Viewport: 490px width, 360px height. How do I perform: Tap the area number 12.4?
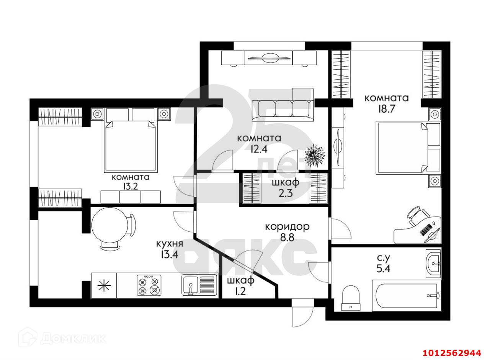pos(259,149)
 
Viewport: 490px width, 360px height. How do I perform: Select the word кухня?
pos(170,244)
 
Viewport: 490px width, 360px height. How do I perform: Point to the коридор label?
pos(287,227)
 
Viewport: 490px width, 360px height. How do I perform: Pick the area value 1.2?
pos(241,292)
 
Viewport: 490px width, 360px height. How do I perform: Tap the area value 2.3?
pos(285,193)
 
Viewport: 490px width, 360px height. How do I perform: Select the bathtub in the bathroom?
pos(407,296)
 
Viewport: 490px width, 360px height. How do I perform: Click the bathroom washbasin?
pos(433,263)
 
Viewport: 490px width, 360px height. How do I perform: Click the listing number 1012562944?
pos(452,353)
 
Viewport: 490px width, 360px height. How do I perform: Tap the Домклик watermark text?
pos(73,338)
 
